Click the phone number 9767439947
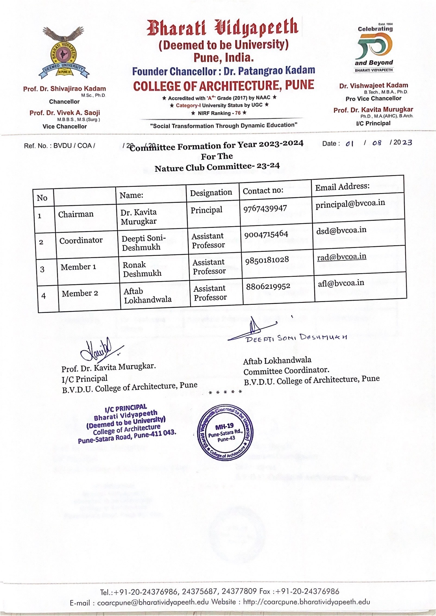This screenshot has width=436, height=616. coord(265,208)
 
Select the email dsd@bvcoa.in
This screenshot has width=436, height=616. coord(341,230)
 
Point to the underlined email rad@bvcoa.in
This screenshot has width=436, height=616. coord(342,257)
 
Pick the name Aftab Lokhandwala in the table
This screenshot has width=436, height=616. coord(147,295)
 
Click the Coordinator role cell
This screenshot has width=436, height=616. coord(81,240)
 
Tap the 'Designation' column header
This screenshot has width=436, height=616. coord(211,192)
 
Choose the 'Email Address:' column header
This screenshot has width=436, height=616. coord(342,186)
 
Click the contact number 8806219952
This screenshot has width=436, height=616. coord(268,286)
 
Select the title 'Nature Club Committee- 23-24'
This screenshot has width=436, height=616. coord(217,167)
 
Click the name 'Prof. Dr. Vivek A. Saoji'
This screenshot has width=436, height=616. coord(65,113)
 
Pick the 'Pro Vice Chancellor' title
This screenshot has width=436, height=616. coord(373,99)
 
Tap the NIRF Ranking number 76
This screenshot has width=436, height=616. coord(238,113)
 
